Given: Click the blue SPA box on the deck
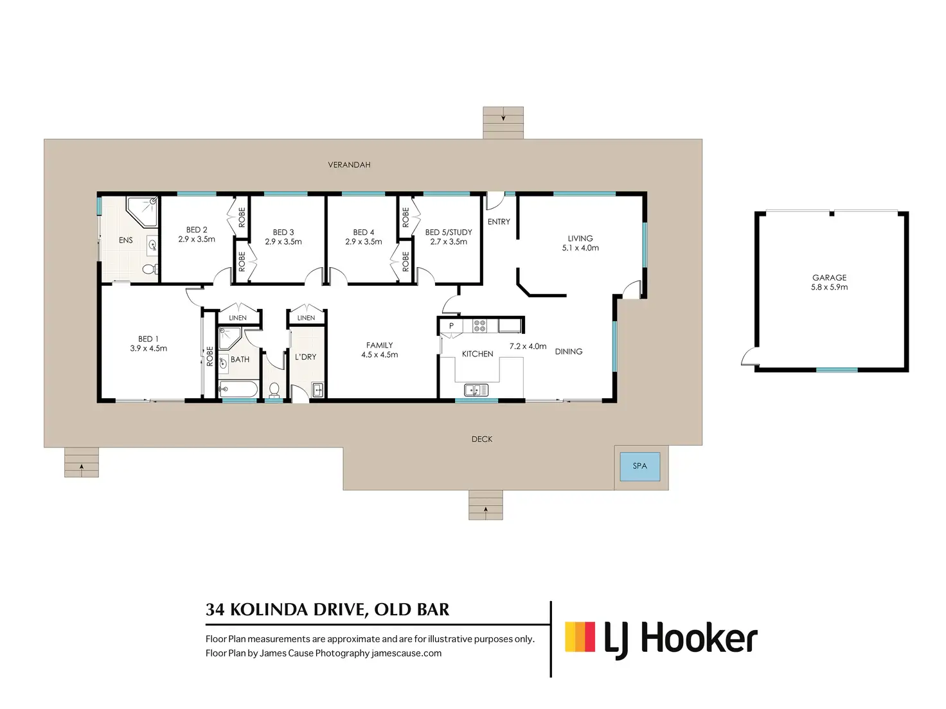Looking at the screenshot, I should click(x=639, y=466).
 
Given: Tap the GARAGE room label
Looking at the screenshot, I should click(x=829, y=277).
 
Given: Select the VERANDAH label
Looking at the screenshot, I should click(x=349, y=165).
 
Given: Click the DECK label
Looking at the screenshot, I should click(x=481, y=439).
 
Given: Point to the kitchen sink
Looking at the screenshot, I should click(x=476, y=390).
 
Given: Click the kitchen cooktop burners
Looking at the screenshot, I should click(x=479, y=326).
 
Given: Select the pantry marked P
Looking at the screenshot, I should click(x=451, y=326).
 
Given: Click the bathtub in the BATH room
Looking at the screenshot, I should click(x=238, y=389).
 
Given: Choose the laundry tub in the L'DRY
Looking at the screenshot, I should click(x=317, y=389).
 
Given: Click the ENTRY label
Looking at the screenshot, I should click(x=499, y=222).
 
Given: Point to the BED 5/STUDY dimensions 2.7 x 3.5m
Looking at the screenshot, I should click(x=449, y=242).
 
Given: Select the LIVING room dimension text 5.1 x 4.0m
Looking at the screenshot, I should click(x=580, y=248).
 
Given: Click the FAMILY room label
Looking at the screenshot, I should click(x=379, y=345).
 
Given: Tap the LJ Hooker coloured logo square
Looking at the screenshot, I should click(x=580, y=637).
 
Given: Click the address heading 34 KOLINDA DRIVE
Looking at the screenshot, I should click(x=327, y=609).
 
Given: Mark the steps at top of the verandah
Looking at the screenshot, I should click(x=503, y=123).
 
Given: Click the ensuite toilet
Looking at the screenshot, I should click(x=150, y=269).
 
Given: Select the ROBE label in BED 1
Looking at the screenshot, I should click(x=210, y=356).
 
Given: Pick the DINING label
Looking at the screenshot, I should click(x=568, y=352).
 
